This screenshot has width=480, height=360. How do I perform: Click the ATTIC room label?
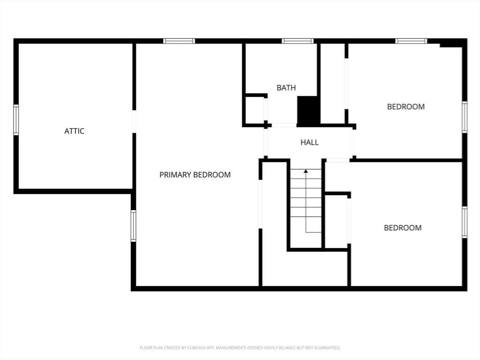pyautogui.click(x=75, y=131)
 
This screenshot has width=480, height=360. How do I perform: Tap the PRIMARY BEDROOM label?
pyautogui.click(x=195, y=175)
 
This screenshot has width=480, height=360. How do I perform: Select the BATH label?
pyautogui.click(x=286, y=88)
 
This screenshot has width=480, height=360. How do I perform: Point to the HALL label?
pyautogui.click(x=309, y=142)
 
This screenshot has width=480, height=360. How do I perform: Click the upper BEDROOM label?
pyautogui.click(x=406, y=107)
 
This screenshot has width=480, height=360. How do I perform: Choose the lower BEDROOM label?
pyautogui.click(x=403, y=228)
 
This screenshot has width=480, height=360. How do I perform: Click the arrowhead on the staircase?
pyautogui.click(x=306, y=171)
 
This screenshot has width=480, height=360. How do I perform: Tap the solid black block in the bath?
pyautogui.click(x=308, y=111)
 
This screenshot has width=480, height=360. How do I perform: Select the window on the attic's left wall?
pyautogui.click(x=16, y=120)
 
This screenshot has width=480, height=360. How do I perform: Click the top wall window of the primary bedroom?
pyautogui.click(x=179, y=41)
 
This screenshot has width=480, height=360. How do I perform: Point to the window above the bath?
pyautogui.click(x=298, y=41)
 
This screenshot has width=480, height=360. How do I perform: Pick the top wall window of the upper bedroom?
pyautogui.click(x=411, y=41)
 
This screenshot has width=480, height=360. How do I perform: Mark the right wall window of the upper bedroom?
pyautogui.click(x=465, y=117)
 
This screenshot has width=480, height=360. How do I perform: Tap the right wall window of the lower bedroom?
pyautogui.click(x=465, y=223)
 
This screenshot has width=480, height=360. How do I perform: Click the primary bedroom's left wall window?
pyautogui.click(x=134, y=225)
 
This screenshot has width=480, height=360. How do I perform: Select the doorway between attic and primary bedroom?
pyautogui.click(x=134, y=121)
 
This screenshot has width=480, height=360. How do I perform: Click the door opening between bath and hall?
pyautogui.click(x=284, y=125)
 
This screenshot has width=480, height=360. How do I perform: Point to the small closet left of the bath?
pyautogui.click(x=255, y=110)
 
